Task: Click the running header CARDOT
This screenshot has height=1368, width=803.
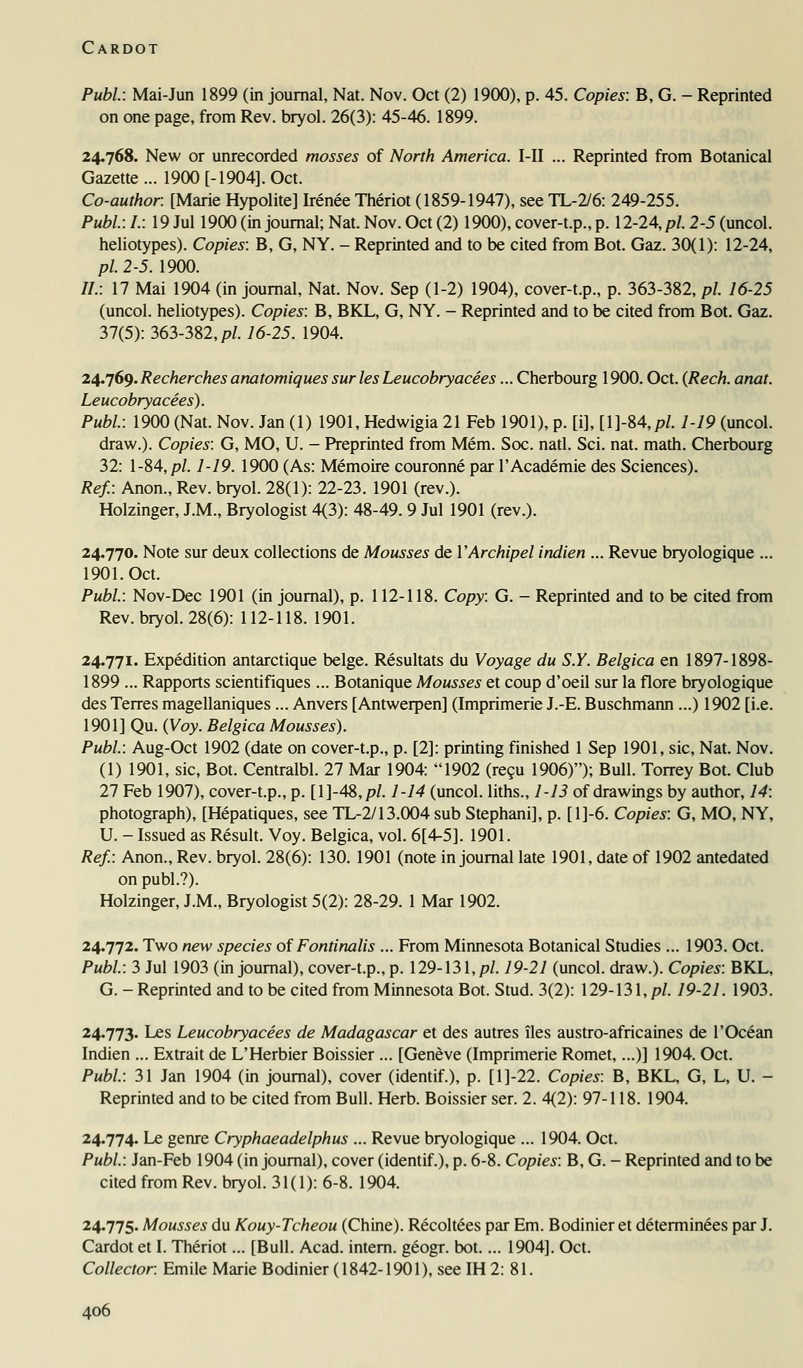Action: coord(120,49)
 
